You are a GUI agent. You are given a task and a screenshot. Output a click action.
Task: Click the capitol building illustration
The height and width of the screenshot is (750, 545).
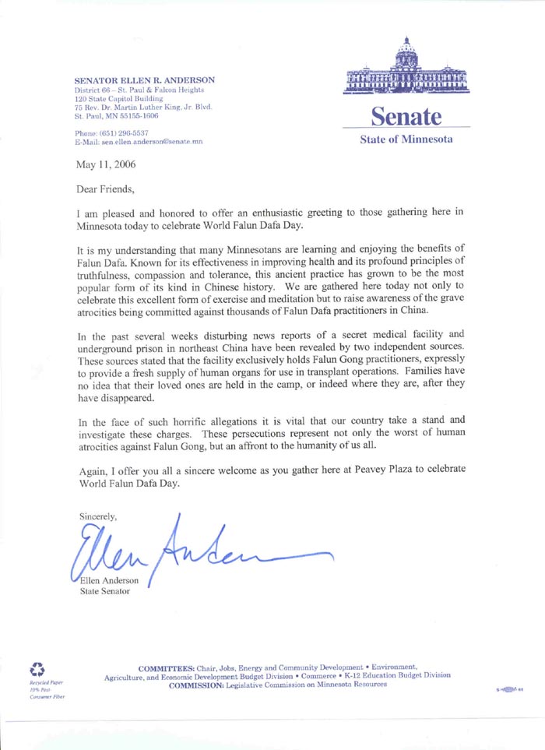pos(406,69)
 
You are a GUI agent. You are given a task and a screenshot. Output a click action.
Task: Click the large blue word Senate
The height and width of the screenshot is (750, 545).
pos(405,116)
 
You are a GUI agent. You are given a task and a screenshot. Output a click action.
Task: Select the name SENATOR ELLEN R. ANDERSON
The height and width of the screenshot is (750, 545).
pos(144,80)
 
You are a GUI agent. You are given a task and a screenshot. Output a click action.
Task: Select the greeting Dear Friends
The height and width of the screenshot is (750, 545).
pos(105,189)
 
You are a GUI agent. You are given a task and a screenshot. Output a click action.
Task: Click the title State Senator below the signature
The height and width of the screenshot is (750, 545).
pos(105,591)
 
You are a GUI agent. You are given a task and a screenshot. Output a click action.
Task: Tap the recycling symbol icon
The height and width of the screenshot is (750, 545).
pos(37,668)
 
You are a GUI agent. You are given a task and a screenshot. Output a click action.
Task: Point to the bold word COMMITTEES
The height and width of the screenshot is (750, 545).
pos(167,667)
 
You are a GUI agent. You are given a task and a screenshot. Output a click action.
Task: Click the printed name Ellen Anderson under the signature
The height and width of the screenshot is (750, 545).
pos(110,579)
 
